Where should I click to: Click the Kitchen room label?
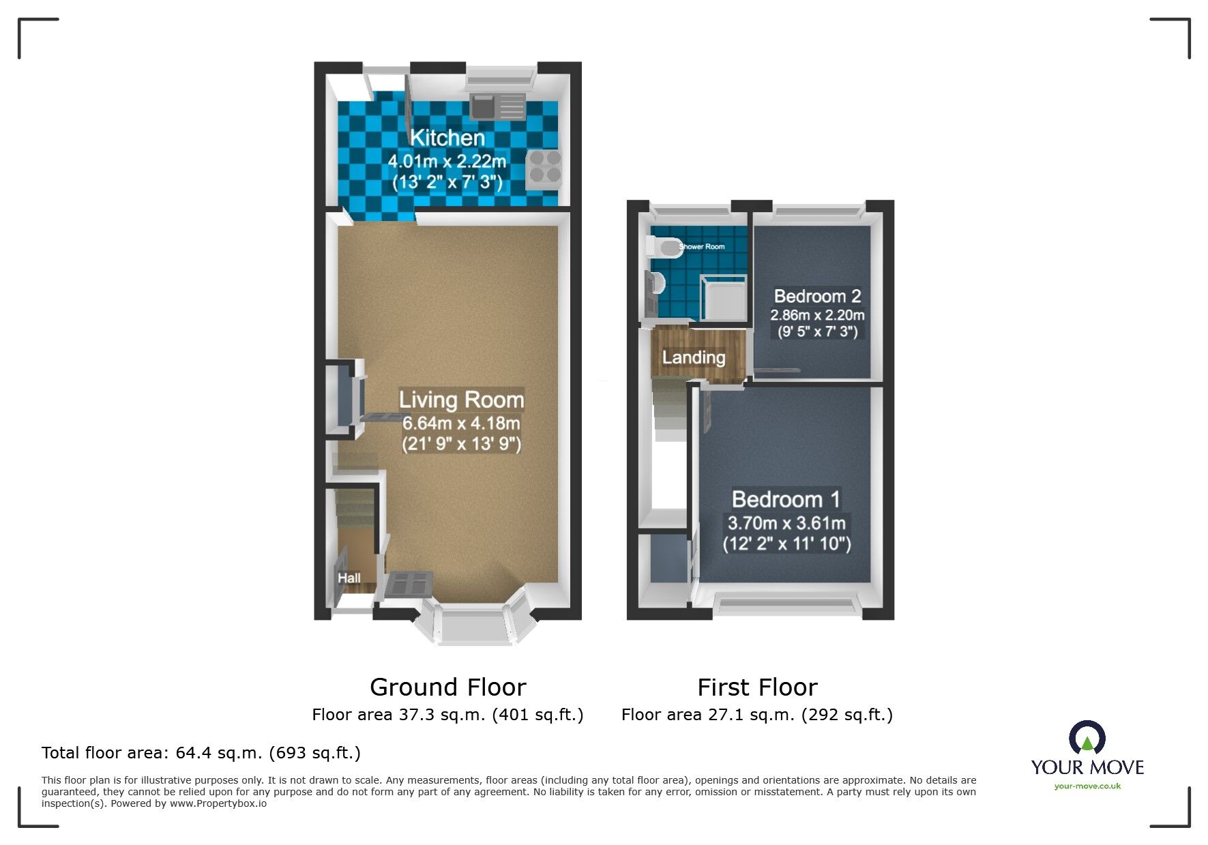(447, 138)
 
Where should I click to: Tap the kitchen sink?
(483, 106)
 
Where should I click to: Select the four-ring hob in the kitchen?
(544, 168)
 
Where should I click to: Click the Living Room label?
(461, 400)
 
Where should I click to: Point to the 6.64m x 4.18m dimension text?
(461, 423)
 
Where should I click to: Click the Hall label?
(349, 578)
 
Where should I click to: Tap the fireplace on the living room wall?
(344, 398)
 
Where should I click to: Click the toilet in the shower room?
(664, 247)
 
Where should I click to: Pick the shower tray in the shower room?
(724, 298)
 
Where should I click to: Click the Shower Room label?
(703, 247)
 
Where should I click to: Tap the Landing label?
(693, 357)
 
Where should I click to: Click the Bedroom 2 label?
(817, 296)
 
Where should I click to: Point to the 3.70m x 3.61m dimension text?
(786, 523)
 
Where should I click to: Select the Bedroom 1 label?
(786, 499)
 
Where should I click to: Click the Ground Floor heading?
(447, 687)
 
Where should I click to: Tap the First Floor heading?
(757, 687)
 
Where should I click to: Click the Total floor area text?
(201, 753)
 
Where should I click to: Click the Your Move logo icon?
(1087, 739)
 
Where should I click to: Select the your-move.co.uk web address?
(1087, 786)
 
